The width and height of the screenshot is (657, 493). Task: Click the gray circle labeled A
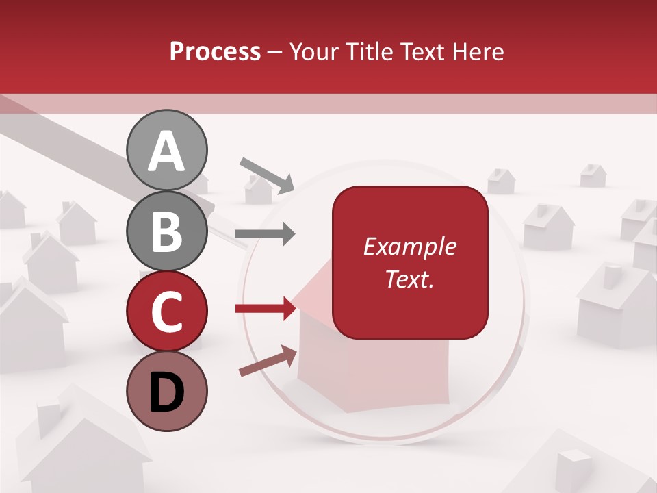pyautogui.click(x=167, y=150)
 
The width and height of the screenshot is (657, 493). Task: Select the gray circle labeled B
pyautogui.click(x=167, y=231)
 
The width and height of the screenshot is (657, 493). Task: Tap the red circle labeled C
pyautogui.click(x=167, y=311)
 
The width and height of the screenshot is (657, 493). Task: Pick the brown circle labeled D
pyautogui.click(x=167, y=391)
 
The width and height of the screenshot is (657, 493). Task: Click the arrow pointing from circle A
pyautogui.click(x=266, y=174)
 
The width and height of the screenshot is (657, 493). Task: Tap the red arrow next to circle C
pyautogui.click(x=266, y=309)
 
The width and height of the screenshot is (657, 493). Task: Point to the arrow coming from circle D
pyautogui.click(x=268, y=361)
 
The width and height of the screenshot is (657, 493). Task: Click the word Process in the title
pyautogui.click(x=215, y=52)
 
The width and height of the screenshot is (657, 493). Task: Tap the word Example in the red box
pyautogui.click(x=409, y=246)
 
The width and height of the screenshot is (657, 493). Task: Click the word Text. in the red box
pyautogui.click(x=409, y=279)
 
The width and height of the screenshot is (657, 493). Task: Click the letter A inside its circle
pyautogui.click(x=167, y=151)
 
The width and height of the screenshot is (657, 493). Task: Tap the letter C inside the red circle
pyautogui.click(x=167, y=312)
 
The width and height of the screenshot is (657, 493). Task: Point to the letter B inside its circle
pyautogui.click(x=167, y=231)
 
